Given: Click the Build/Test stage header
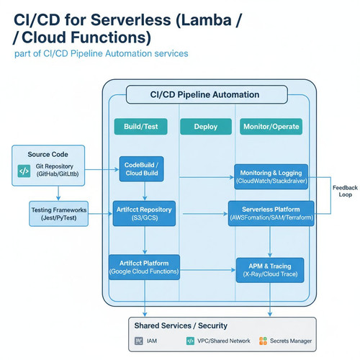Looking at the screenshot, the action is pos(140,127).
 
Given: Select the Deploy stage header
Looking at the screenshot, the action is pos(206,127).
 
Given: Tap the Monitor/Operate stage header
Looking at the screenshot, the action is pos(271,127).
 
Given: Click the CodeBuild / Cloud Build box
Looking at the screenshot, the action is pos(142,169).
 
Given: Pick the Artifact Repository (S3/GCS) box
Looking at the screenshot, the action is pos(144,213).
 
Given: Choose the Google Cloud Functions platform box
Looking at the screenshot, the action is pos(144,267).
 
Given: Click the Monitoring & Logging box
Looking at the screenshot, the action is pos(271,176).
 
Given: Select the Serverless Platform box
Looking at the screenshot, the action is pos(271,213).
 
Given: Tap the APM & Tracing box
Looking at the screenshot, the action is pos(270,270).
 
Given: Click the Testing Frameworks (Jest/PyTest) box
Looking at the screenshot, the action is pos(59,214).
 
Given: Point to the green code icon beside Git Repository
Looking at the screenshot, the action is pos(24,171).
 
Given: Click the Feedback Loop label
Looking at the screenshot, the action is pos(345,191).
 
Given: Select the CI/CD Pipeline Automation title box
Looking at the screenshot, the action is pos(207,94).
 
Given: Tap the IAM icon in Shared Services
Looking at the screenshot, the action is pos(139,341).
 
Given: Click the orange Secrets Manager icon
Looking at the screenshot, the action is pos(263,341).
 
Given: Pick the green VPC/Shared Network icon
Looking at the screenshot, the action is pos(190,341).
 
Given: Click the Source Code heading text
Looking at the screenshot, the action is pos(48,154).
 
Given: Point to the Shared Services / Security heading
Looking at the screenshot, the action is pos(181,325).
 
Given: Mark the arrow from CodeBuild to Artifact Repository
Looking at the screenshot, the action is pos(145,191).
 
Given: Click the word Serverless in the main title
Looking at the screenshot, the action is pos(131,19).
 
